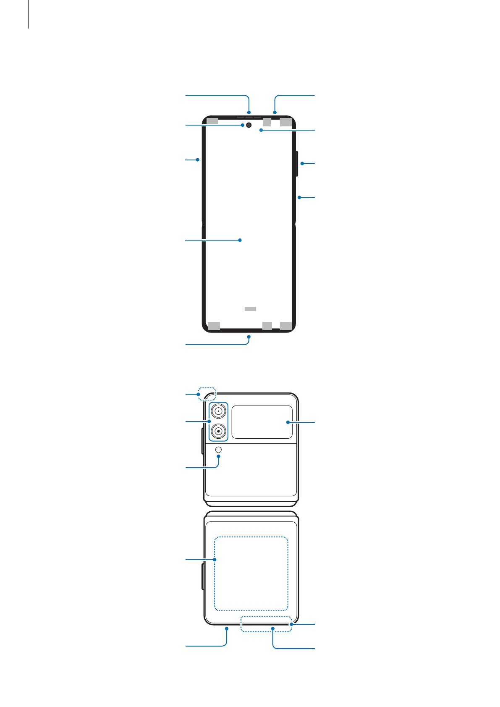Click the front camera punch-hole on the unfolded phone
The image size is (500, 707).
(x=249, y=125)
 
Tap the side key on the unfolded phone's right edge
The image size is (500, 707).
(x=297, y=164)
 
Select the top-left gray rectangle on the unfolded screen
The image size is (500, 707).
(x=212, y=121)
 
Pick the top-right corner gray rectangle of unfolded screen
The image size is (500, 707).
(x=286, y=122)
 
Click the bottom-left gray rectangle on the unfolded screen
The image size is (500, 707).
(x=214, y=326)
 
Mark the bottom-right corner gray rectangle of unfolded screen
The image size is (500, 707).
(x=286, y=326)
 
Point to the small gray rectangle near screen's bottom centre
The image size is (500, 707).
(x=250, y=309)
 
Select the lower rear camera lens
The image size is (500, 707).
(x=219, y=431)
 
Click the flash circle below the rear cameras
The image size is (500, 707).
(x=218, y=450)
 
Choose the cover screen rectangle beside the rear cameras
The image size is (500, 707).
(x=262, y=422)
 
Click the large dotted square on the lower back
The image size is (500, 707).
(x=251, y=573)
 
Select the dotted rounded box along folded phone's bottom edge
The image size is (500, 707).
(x=266, y=624)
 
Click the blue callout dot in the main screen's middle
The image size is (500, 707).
(x=240, y=240)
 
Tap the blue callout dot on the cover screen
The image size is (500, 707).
(x=288, y=422)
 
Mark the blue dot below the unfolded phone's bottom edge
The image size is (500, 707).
(x=249, y=337)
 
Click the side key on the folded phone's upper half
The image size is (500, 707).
(x=203, y=441)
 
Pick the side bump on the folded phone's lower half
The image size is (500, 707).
(x=203, y=577)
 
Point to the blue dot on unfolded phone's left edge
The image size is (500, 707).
(x=198, y=160)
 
